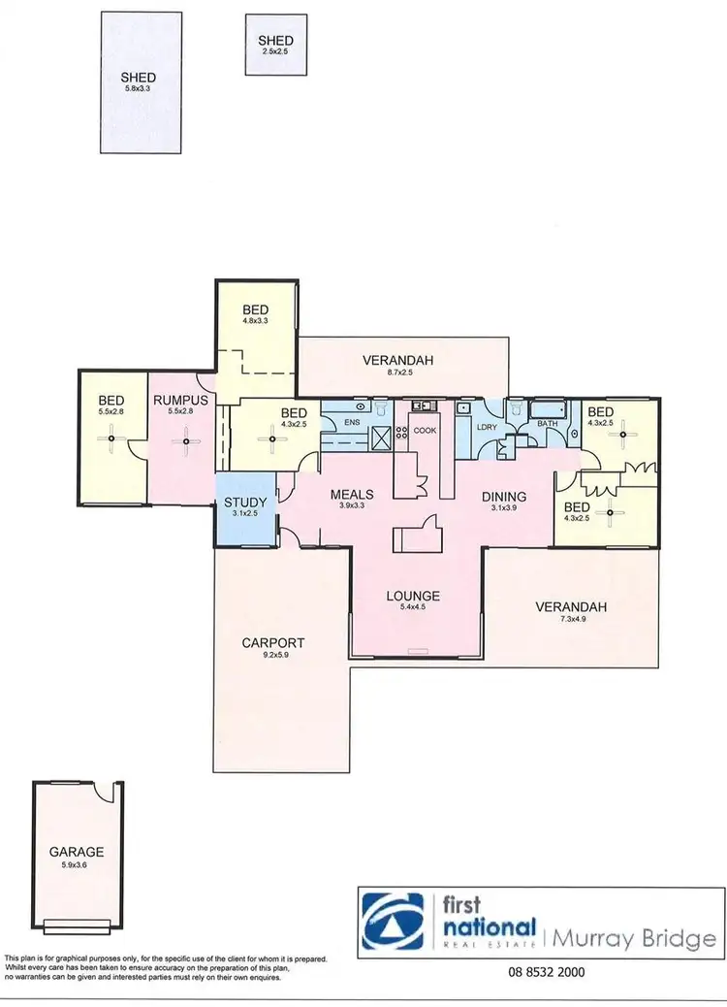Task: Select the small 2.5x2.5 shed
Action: tap(274, 45)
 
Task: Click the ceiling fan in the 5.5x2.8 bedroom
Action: tap(111, 440)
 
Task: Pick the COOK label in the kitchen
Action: tap(425, 430)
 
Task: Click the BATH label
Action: tap(548, 424)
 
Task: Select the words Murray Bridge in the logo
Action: tap(636, 938)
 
